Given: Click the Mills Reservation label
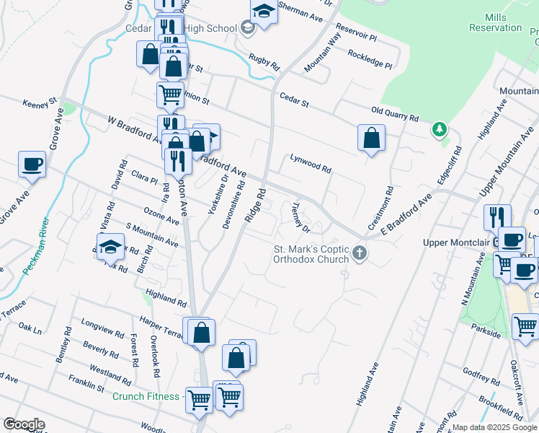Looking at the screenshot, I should [x=495, y=22].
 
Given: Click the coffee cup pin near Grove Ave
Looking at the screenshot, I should [x=32, y=164].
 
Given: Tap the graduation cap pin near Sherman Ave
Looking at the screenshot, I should [x=264, y=12].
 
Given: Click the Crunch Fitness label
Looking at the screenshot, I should [x=146, y=396].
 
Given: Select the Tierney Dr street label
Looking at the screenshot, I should [x=300, y=217].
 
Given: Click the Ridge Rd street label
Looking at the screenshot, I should [x=256, y=206].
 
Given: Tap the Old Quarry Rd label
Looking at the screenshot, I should [x=394, y=114].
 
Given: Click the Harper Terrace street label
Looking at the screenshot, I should [x=161, y=323].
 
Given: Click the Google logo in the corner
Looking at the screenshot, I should [x=24, y=424].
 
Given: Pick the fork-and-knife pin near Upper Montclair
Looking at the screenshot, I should [x=497, y=217].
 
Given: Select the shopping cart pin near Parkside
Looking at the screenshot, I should [x=526, y=325].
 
